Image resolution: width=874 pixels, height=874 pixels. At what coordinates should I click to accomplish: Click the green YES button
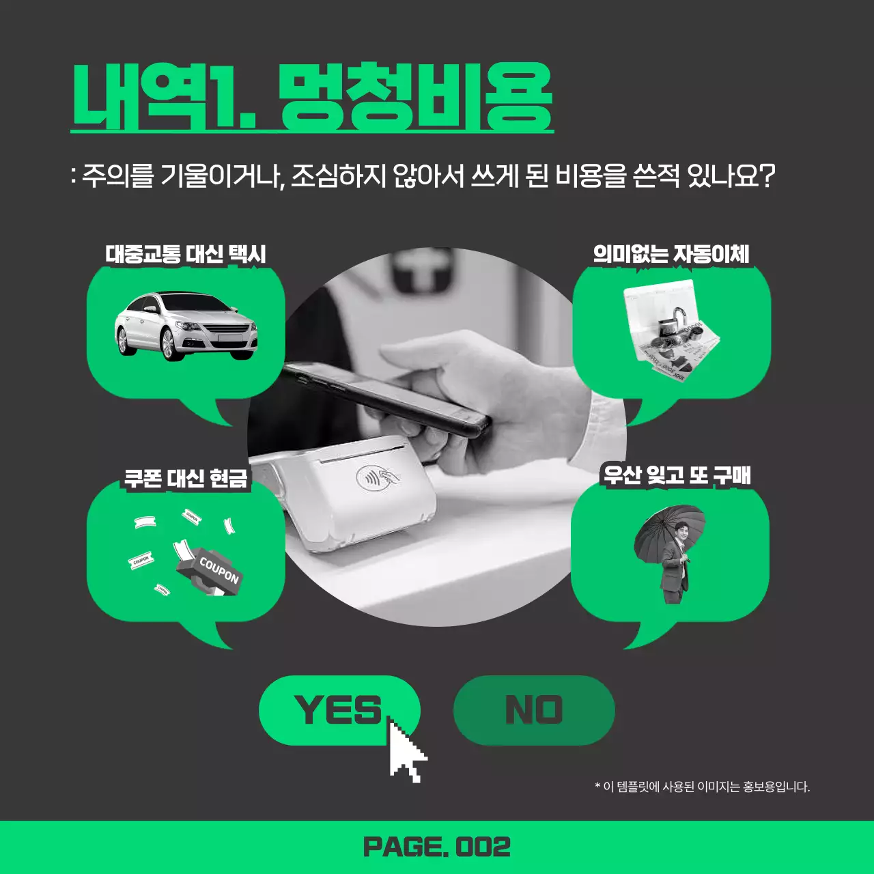(x=339, y=710)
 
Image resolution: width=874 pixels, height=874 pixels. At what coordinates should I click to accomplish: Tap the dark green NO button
(x=534, y=710)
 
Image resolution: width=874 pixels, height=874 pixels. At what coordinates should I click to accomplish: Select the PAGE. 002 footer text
(x=437, y=847)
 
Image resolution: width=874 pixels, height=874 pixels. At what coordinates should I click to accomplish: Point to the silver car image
(x=186, y=326)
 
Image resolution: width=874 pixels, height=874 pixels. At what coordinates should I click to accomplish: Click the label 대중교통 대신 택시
(x=186, y=254)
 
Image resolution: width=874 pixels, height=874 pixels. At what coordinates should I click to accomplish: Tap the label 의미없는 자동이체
(x=671, y=254)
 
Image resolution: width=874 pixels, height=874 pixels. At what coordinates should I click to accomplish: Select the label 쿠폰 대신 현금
(x=186, y=478)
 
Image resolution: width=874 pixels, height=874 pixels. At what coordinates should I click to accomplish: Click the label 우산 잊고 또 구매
(x=677, y=475)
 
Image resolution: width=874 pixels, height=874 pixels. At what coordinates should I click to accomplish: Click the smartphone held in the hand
(x=386, y=399)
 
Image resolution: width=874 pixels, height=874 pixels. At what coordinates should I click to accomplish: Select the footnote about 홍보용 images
(x=702, y=787)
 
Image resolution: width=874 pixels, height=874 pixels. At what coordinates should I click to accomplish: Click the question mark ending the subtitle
(x=767, y=176)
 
